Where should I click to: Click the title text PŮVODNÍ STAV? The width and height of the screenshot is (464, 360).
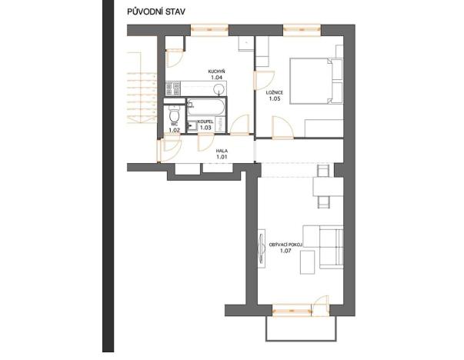159,12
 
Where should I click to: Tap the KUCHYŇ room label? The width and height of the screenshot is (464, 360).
216,72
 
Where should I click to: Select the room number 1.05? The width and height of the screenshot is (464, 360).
274,99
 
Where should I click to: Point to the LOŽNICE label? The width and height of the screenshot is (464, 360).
274,93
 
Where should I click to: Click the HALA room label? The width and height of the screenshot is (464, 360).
222,151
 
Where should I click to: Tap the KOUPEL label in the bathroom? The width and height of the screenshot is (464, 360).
205,122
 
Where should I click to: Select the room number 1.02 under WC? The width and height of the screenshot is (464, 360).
174,131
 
